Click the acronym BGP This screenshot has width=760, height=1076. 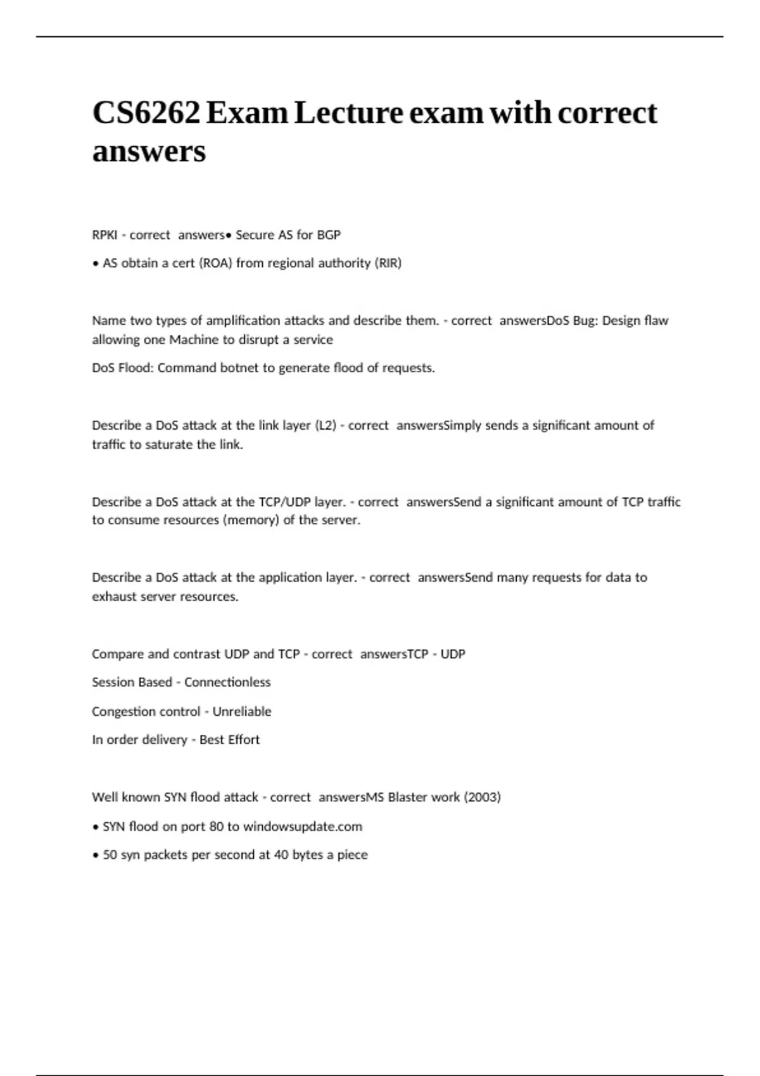point(329,235)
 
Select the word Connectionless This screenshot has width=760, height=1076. point(227,682)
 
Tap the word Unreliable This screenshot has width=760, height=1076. point(242,711)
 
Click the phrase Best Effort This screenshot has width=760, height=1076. point(229,740)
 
